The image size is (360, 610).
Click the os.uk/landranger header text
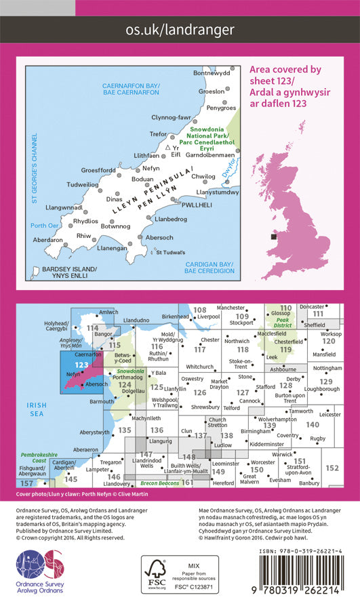[180, 29]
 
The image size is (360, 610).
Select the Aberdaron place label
[48, 240]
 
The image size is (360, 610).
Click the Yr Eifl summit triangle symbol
[168, 146]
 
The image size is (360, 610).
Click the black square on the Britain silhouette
[273, 237]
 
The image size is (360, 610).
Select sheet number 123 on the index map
[81, 365]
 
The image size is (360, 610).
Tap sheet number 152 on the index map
[332, 468]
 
